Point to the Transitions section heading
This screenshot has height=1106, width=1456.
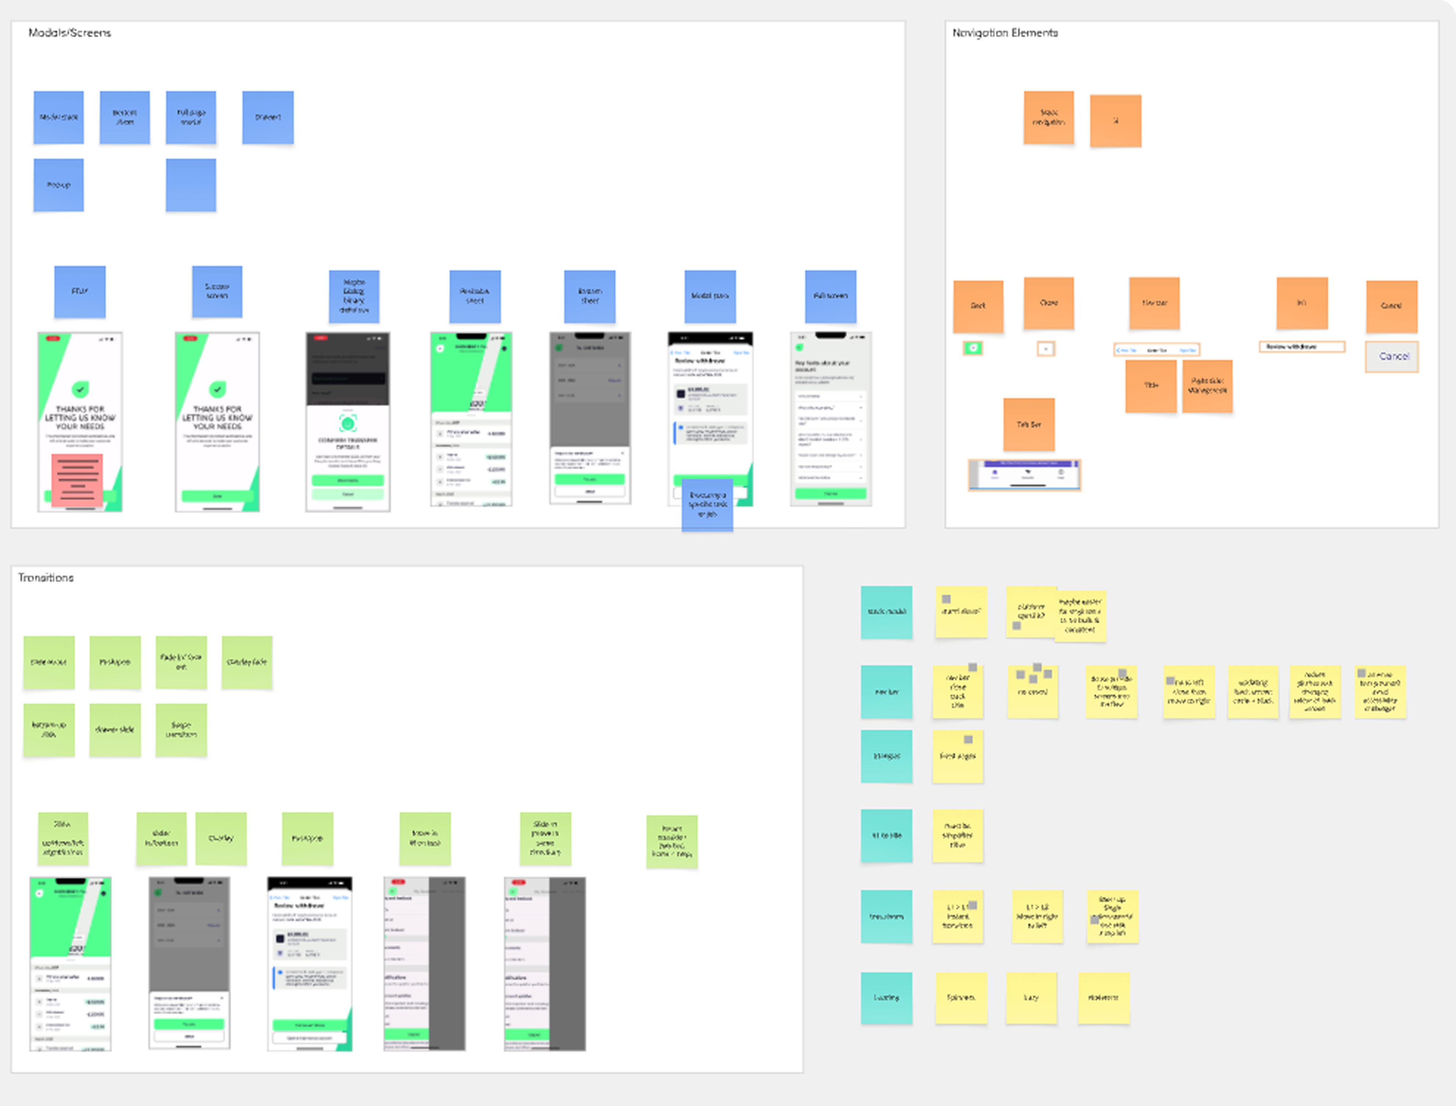[46, 577]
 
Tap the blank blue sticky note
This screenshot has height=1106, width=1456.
[191, 185]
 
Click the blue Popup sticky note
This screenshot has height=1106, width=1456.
[59, 185]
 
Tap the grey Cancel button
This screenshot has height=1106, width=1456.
[1392, 356]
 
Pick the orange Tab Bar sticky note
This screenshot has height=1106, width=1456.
[1028, 424]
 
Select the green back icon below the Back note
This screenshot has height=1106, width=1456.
[973, 348]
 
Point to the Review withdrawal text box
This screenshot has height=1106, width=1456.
[1301, 346]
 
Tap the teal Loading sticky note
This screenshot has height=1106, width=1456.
[886, 997]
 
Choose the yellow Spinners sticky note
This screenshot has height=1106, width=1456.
[961, 997]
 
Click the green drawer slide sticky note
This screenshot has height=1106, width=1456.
[115, 729]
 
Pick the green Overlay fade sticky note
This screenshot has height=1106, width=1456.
[247, 662]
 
